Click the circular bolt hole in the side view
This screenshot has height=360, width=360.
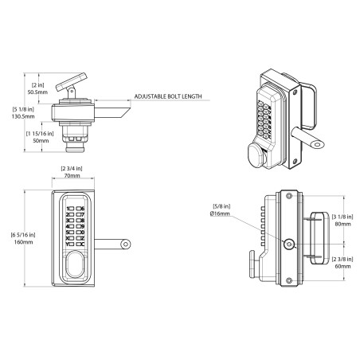[288, 245]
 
